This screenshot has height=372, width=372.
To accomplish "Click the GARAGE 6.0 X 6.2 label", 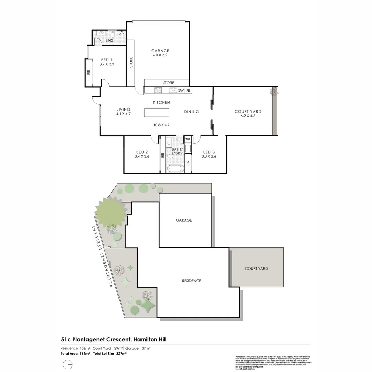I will pyautogui.click(x=160, y=53).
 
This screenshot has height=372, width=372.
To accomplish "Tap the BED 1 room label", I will pyautogui.click(x=106, y=62).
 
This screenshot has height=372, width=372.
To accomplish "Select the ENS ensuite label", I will pyautogui.click(x=109, y=41).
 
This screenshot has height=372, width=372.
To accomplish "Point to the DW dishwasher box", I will pyautogui.click(x=180, y=91).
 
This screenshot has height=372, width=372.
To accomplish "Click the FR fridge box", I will pyautogui.click(x=188, y=91).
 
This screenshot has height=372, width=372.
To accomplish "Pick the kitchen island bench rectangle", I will pyautogui.click(x=157, y=113).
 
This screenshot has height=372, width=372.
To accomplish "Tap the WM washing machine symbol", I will pyautogui.click(x=188, y=139).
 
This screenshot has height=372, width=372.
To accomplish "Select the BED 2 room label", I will pyautogui.click(x=142, y=154).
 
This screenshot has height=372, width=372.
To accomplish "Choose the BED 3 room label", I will pyautogui.click(x=209, y=154).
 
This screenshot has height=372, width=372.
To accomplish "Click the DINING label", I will pyautogui.click(x=192, y=111).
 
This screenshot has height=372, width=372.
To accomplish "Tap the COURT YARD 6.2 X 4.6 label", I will pyautogui.click(x=248, y=114).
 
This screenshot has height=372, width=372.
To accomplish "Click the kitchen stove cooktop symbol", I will pyautogui.click(x=158, y=91).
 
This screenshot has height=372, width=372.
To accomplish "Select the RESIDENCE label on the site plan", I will pyautogui.click(x=192, y=281).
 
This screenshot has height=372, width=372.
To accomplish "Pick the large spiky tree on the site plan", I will pyautogui.click(x=109, y=211).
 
